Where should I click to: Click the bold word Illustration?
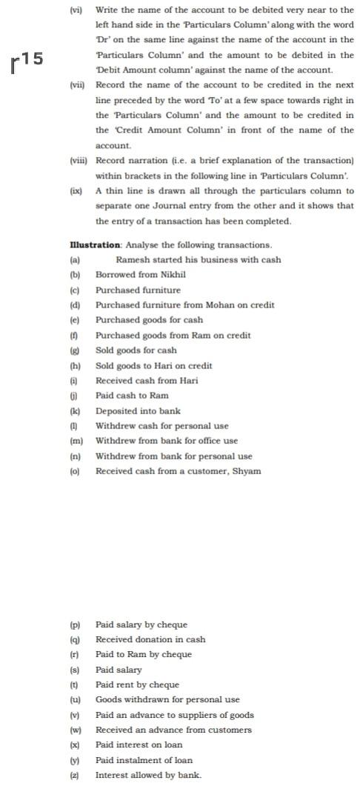[95, 244]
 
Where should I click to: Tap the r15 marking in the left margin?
[28, 64]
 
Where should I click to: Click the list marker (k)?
[74, 410]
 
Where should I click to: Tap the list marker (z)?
[74, 775]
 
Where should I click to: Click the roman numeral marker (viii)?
[76, 160]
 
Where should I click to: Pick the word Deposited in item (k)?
[116, 410]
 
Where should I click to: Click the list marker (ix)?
[75, 190]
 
